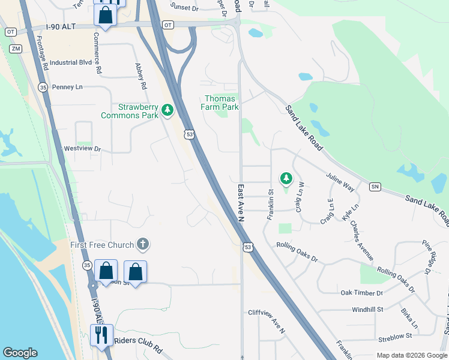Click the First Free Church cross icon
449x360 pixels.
[142, 244]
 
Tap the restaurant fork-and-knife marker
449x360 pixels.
[101, 334]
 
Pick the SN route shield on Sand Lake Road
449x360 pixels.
[375, 187]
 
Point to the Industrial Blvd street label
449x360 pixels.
[71, 62]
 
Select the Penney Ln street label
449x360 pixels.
[67, 87]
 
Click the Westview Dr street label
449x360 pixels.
[82, 148]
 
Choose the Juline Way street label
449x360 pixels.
[340, 182]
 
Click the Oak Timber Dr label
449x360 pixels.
[361, 293]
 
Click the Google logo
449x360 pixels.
[20, 353]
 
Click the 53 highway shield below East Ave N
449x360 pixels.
[247, 247]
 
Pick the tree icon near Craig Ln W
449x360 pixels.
[286, 178]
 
